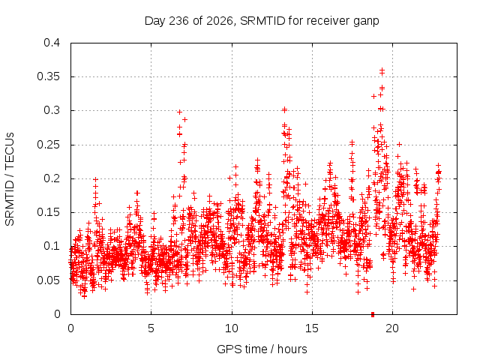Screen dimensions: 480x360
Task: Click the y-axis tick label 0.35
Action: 48,76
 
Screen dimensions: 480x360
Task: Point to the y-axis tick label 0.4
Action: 52,43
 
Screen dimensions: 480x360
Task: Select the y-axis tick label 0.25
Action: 48,145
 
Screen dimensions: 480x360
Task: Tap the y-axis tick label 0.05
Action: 48,280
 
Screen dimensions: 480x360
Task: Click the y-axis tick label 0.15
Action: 48,212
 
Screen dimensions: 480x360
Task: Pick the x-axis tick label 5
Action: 151,328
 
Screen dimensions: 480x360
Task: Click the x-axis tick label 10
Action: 232,328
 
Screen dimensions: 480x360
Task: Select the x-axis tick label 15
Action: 312,328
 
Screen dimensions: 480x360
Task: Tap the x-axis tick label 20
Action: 392,328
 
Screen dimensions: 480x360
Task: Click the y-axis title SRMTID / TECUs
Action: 10,179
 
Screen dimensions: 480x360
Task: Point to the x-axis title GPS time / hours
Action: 262,349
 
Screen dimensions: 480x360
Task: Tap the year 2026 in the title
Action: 220,21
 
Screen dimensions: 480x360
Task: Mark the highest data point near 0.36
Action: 382,70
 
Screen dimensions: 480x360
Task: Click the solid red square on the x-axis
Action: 373,314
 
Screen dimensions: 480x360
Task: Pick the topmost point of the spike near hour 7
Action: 180,112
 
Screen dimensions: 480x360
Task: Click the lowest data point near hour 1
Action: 85,296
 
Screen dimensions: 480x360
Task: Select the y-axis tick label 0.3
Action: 52,110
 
